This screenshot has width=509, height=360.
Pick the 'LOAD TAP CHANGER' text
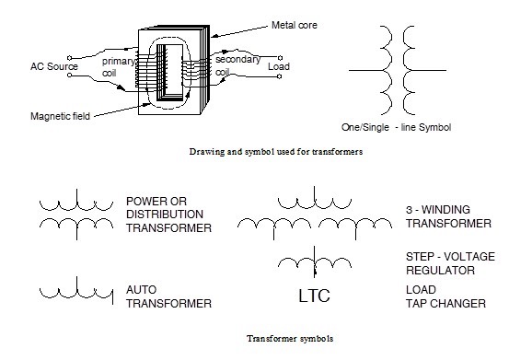[434, 296]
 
